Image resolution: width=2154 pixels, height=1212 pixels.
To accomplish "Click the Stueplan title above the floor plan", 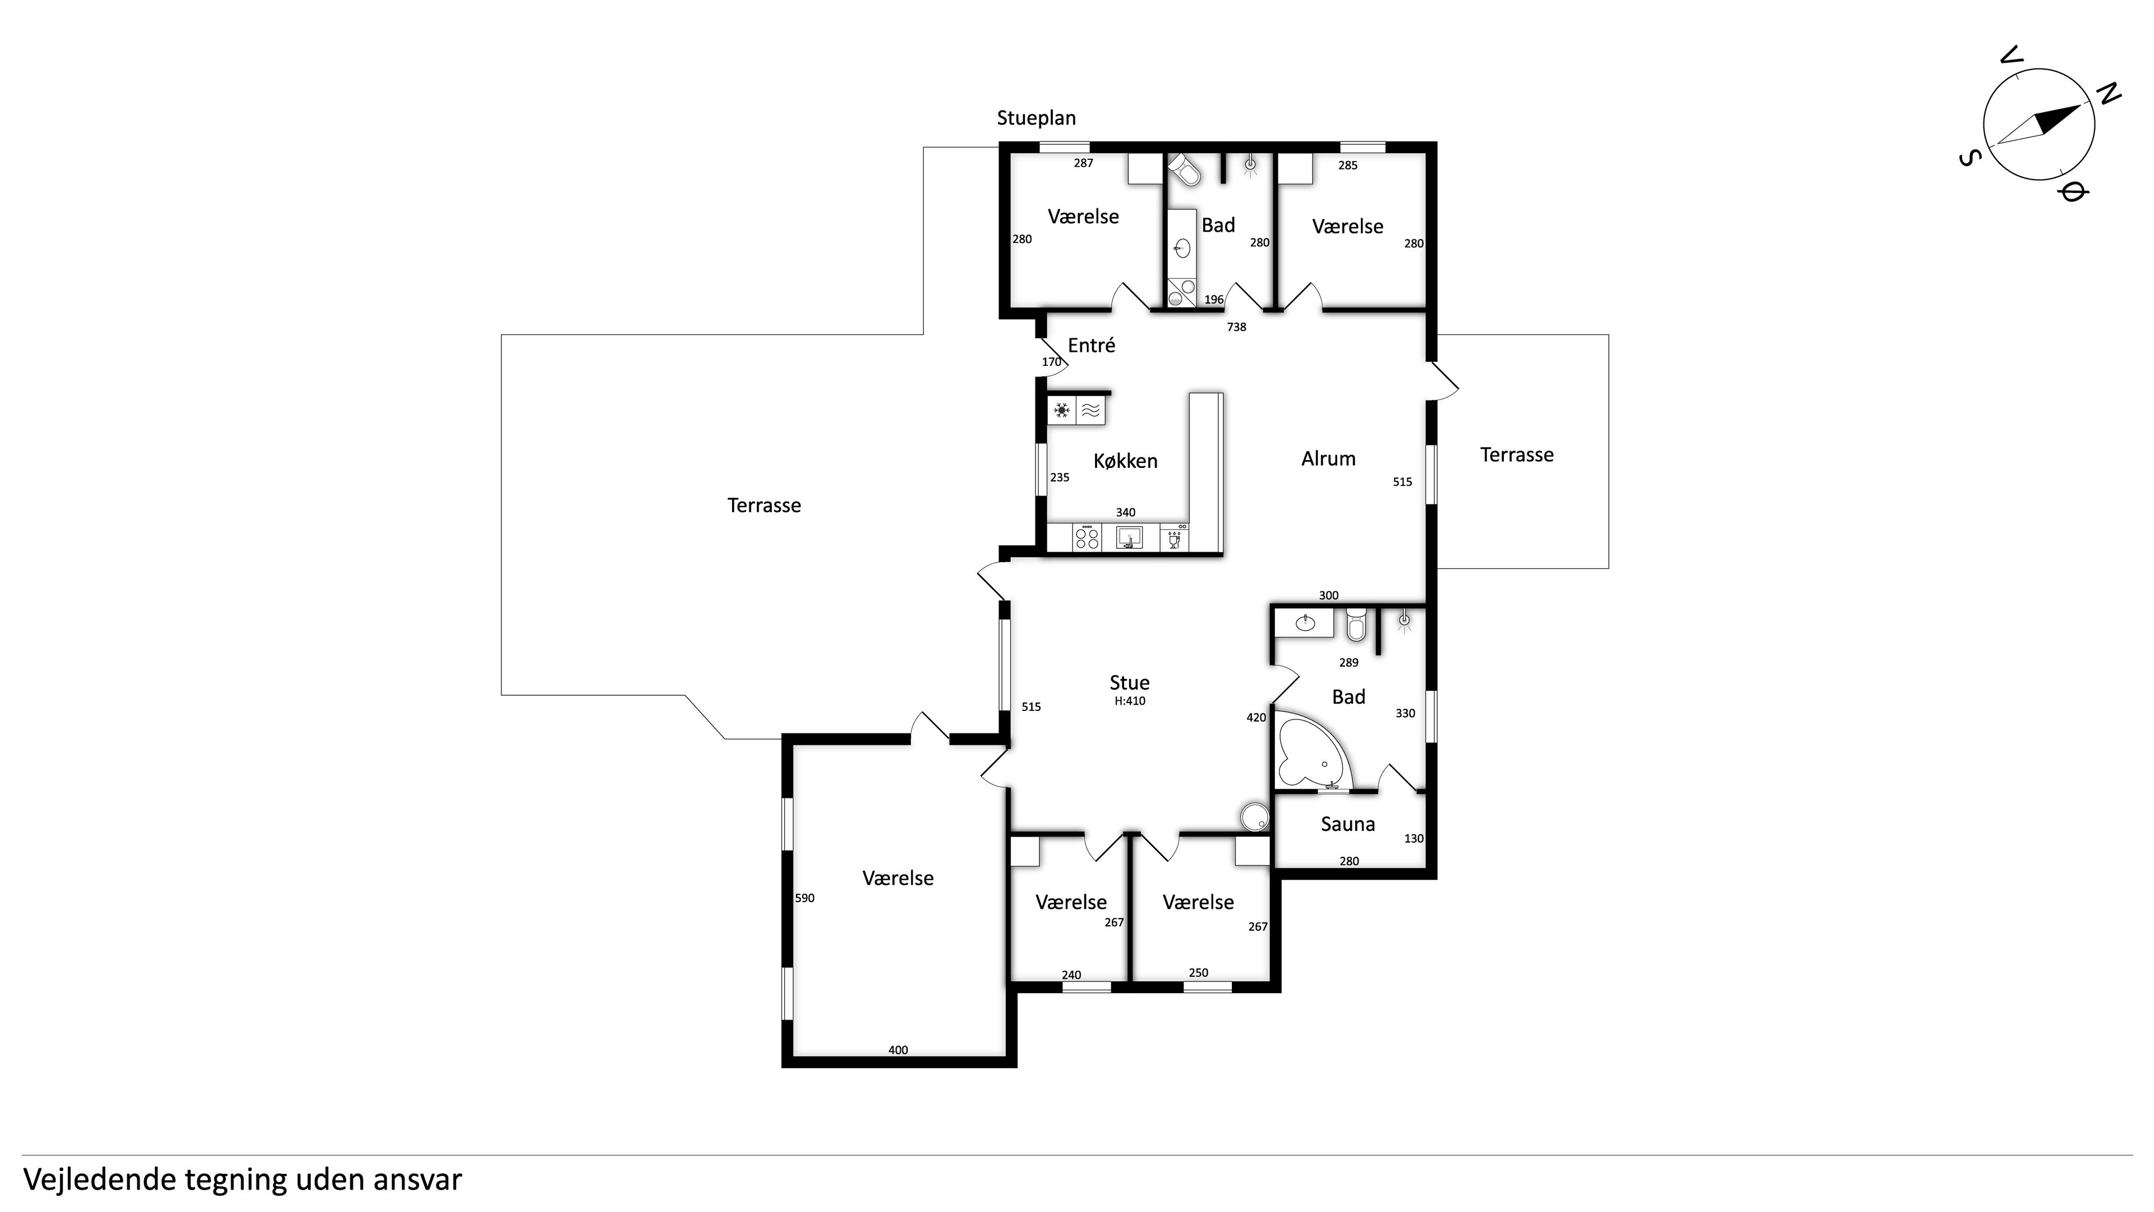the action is point(1036,118).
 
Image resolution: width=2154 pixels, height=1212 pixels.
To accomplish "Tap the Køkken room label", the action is point(1125,461).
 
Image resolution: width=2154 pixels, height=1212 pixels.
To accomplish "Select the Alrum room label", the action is point(1328,458).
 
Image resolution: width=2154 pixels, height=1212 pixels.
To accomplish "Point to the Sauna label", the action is point(1347,824).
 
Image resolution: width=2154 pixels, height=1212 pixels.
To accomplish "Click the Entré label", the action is point(1091,345).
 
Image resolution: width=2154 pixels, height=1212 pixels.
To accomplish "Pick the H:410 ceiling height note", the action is point(1130,701).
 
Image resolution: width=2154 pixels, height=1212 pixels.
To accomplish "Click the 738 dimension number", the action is point(1236,327).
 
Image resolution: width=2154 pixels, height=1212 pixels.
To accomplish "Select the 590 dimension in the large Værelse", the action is point(804,898).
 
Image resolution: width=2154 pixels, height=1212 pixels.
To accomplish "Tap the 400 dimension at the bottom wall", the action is point(898,1050).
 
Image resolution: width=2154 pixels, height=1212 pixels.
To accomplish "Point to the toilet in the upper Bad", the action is point(1184,169).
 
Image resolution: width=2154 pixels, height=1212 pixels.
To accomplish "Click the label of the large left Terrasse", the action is point(764,505).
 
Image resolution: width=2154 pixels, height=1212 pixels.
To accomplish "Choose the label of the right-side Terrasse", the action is point(1517,455).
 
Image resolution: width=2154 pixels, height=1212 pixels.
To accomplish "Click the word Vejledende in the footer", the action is point(99,1179).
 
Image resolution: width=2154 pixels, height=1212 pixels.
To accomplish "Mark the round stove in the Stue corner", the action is point(1254,817).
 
